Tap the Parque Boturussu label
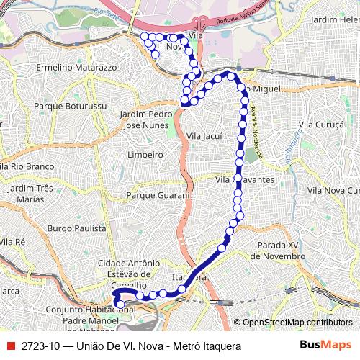[x=71, y=106]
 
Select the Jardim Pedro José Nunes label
[x=145, y=120]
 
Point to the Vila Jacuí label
[x=204, y=135]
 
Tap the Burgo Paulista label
[x=76, y=228]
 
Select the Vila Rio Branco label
[x=27, y=166]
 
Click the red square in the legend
[x=10, y=346]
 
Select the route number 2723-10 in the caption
[x=40, y=346]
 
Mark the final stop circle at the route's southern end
[x=120, y=305]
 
